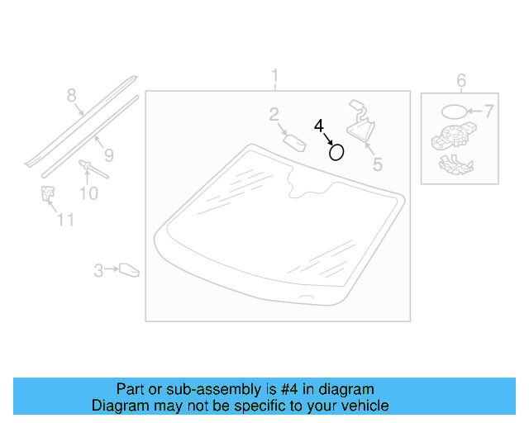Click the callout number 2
pos(274,116)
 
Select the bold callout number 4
pos(319,126)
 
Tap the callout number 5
pos(377,164)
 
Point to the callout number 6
pos(461,80)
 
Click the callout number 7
pos(488,111)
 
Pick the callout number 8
pos(71,95)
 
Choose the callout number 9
pos(108,154)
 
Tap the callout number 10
pos(88,194)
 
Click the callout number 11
pos(65,220)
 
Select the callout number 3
pos(98,269)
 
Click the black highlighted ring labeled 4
pos(336,152)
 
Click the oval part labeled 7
pos(453,112)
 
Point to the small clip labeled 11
pos(47,195)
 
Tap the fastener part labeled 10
pos(87,169)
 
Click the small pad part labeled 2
pos(295,140)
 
